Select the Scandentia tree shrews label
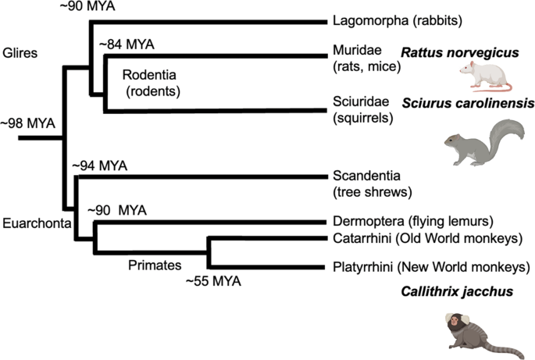coord(371,184)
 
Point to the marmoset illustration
coord(472,331)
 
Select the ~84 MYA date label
coord(127,45)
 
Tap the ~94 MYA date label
coord(99,166)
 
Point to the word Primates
coord(154,264)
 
